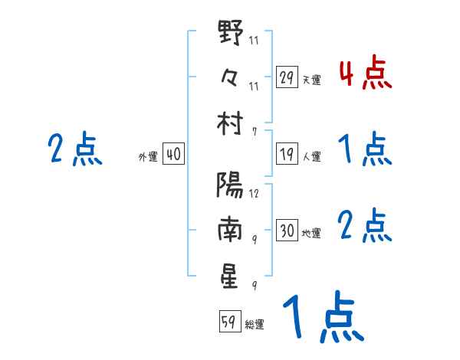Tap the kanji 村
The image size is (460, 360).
click(x=230, y=123)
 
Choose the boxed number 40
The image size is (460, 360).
click(x=173, y=155)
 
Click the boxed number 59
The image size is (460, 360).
click(x=228, y=322)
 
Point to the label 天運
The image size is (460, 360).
click(x=311, y=80)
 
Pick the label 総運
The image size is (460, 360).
click(x=255, y=324)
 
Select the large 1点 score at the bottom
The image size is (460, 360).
click(x=322, y=318)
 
